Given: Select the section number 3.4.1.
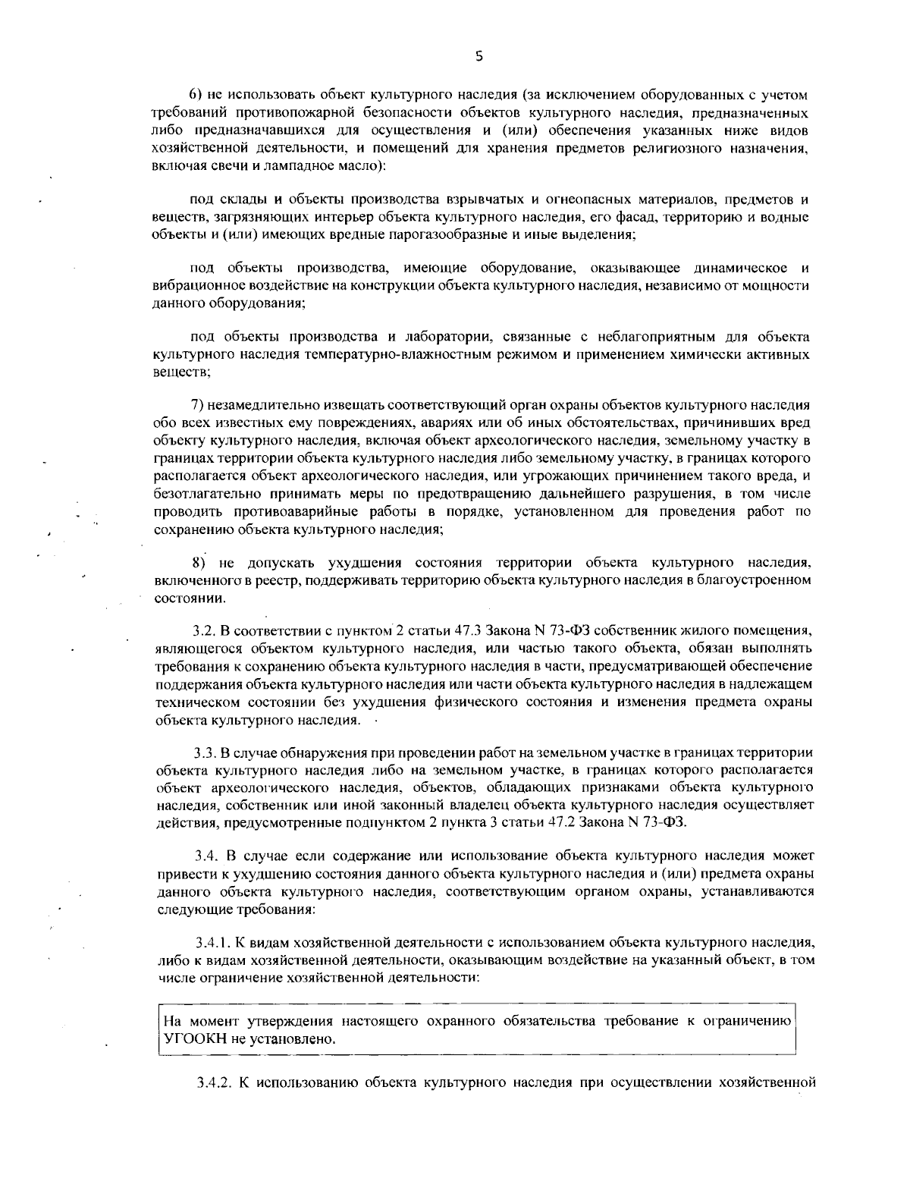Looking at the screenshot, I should tap(212, 943).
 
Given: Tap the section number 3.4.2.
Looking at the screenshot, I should tap(213, 1082).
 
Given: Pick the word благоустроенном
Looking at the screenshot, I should tap(758, 580).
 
